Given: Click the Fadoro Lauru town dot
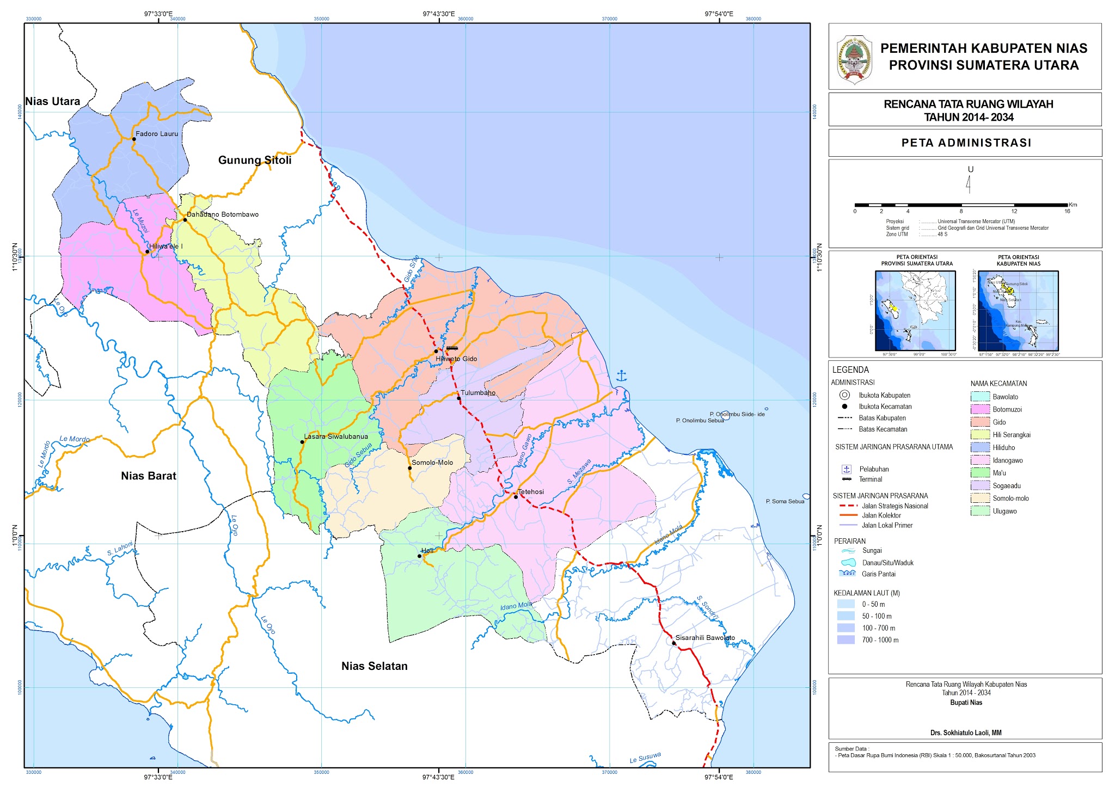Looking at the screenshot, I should click(x=134, y=139).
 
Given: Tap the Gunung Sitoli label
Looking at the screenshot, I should click(x=255, y=160).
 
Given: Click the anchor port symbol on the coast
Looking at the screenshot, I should click(x=621, y=375).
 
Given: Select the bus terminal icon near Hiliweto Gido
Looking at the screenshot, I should click(x=452, y=348).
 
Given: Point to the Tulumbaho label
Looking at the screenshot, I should click(x=477, y=392).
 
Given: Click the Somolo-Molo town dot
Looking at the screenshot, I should click(x=410, y=468).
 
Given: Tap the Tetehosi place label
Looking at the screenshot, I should click(x=531, y=491).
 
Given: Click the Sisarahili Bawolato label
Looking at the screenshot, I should click(x=705, y=637).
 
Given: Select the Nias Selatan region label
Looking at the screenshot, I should click(x=375, y=666).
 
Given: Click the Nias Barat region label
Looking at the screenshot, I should click(x=149, y=476).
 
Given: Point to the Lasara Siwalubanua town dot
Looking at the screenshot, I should click(x=302, y=442).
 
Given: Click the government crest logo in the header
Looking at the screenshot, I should click(x=854, y=59).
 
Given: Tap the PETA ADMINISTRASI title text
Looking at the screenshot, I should click(x=966, y=143).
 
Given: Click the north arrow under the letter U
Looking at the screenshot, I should click(x=969, y=185).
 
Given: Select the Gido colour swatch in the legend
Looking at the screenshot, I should click(x=980, y=422).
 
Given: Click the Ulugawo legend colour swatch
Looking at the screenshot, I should click(x=980, y=511).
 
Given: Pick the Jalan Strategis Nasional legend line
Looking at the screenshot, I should click(x=849, y=506).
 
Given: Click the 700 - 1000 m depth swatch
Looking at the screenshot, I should click(x=846, y=640).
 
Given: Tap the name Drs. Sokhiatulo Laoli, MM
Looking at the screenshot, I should click(x=966, y=732).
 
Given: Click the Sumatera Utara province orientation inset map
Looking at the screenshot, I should click(x=915, y=310).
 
